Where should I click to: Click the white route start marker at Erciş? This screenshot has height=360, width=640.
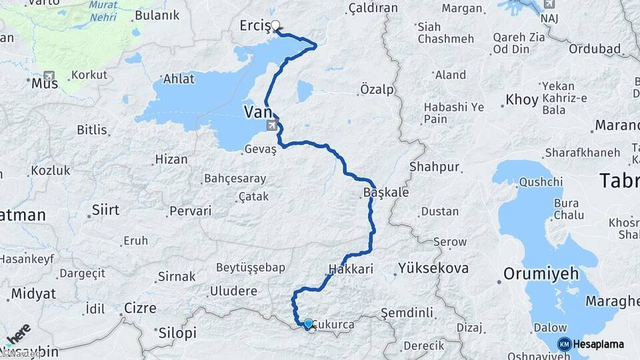click(x=275, y=26)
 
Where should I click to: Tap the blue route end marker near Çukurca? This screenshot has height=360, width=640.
click(x=307, y=324)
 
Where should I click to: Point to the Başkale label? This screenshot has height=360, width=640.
click(x=386, y=191)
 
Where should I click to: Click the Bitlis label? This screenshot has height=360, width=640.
click(x=92, y=129)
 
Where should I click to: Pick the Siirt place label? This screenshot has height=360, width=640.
click(x=106, y=210)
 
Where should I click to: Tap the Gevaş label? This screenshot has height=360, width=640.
click(x=260, y=149)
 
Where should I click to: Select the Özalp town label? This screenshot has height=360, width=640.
click(x=377, y=89)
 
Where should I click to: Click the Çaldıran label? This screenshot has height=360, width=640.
click(x=373, y=8)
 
